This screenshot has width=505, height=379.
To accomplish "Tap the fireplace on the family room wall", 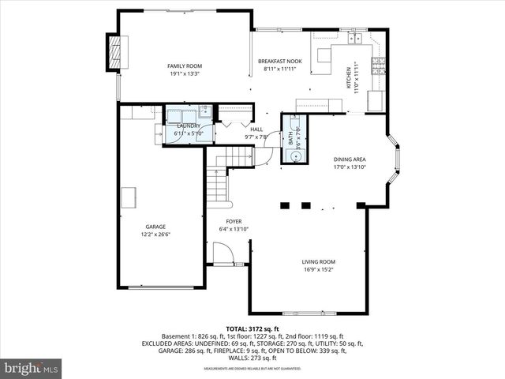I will click(x=116, y=52).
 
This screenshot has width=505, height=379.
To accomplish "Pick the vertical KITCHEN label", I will click(x=348, y=78).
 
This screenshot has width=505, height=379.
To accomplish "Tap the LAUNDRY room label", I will click(x=189, y=126).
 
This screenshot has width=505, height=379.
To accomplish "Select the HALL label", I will click(x=256, y=129).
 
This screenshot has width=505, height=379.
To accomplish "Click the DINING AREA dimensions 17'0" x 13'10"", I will click(x=350, y=167).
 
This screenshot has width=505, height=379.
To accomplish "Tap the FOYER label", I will click(x=234, y=221).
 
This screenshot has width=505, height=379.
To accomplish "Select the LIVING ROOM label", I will click(x=319, y=261).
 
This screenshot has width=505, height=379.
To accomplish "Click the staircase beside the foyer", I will click(x=215, y=186).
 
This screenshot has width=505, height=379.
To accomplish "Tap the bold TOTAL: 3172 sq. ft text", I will click(x=252, y=328).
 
